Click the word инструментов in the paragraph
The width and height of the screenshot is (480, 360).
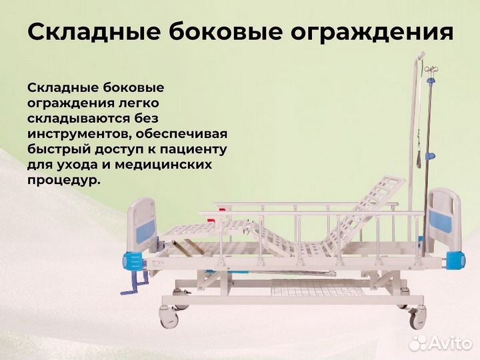74,133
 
